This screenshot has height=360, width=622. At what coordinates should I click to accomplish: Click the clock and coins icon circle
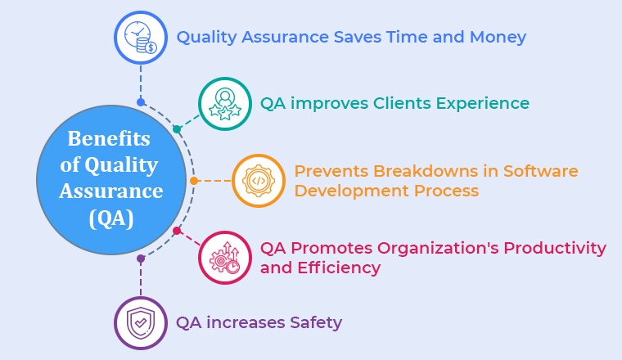(141, 38)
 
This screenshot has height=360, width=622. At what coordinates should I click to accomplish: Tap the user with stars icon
(225, 104)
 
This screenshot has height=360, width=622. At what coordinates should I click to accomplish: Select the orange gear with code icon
(259, 181)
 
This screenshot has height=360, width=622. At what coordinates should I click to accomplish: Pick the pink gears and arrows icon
(225, 258)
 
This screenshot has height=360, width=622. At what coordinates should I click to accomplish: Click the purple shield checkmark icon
(141, 323)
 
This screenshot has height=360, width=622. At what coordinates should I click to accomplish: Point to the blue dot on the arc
(141, 102)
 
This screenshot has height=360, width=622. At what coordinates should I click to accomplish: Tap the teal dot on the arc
(177, 129)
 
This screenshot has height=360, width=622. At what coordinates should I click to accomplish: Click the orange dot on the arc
(194, 181)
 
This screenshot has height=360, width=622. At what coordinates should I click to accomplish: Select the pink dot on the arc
(177, 231)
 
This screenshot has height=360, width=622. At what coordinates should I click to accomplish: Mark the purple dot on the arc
(141, 259)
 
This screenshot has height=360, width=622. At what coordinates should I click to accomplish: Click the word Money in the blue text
(498, 38)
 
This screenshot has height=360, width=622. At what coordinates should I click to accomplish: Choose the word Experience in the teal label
(483, 104)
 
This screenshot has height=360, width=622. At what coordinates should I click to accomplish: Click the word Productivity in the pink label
(555, 249)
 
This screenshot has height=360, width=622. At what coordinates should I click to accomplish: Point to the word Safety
(316, 322)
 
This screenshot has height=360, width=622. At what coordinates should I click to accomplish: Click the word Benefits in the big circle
(109, 139)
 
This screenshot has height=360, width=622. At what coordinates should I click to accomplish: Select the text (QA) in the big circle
(111, 218)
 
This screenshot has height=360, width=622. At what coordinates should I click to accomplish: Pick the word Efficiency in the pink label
(339, 268)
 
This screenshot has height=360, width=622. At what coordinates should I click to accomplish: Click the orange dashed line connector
(214, 181)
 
